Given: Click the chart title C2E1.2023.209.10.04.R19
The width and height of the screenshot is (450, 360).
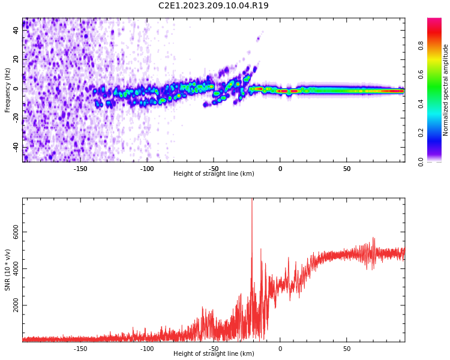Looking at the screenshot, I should click(214, 6).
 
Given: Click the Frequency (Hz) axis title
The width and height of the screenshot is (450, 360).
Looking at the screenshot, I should click(8, 90).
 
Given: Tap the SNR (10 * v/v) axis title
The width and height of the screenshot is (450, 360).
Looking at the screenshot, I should click(8, 270).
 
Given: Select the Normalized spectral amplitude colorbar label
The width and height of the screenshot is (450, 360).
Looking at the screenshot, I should click(446, 90).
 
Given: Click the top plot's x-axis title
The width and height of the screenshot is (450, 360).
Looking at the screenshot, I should click(214, 173).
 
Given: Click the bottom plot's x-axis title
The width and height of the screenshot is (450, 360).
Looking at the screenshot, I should click(214, 353).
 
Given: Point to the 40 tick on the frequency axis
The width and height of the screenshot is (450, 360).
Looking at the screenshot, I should click(16, 30).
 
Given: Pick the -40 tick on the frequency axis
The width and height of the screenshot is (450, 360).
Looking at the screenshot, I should click(16, 147).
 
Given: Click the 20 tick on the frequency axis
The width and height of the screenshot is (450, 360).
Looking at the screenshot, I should click(16, 59).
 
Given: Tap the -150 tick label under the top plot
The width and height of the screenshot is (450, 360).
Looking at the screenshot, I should click(80, 169).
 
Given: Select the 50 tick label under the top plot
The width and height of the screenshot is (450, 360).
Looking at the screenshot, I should click(347, 169).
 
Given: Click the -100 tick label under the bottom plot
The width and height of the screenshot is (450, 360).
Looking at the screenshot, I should click(147, 349).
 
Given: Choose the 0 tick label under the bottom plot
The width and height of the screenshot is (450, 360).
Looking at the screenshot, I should click(280, 349).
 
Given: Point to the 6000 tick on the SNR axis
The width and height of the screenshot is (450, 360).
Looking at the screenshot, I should click(16, 232).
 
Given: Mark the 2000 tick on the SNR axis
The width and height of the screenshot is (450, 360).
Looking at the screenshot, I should click(16, 305).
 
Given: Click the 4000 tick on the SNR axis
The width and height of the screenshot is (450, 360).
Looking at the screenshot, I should click(16, 269).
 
